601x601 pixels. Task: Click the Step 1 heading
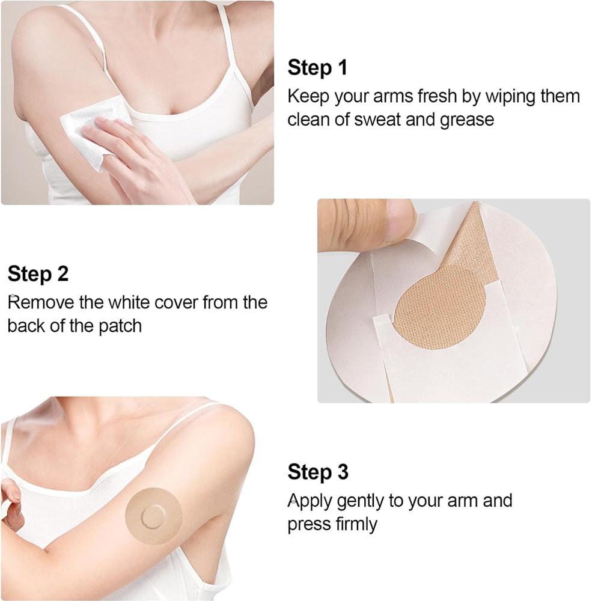click(x=317, y=67)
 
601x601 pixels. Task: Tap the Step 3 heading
click(x=318, y=472)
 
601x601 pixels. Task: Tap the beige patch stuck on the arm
click(x=153, y=516)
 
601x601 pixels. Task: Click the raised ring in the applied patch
click(x=153, y=516)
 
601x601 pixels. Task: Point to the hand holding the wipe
click(x=129, y=156)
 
